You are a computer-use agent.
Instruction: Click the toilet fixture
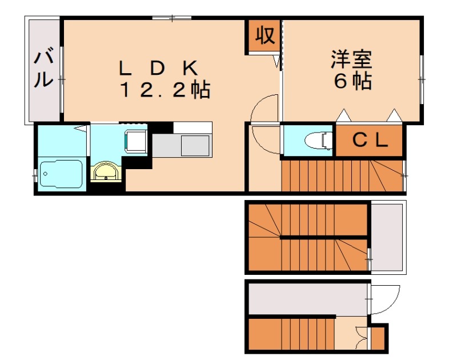pyautogui.click(x=319, y=141)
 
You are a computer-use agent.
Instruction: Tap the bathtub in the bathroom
pyautogui.click(x=61, y=174)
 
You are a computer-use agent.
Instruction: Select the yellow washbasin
pyautogui.click(x=106, y=172)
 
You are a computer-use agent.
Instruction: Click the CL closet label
pyautogui.click(x=370, y=141)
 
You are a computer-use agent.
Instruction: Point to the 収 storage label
pyautogui.click(x=265, y=35)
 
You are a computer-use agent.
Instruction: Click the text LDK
pyautogui.click(x=159, y=68)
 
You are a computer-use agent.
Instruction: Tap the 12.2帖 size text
pyautogui.click(x=165, y=90)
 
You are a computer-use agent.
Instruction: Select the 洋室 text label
pyautogui.click(x=351, y=59)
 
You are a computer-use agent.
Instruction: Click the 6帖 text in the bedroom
pyautogui.click(x=352, y=81)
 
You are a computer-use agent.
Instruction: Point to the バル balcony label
pyautogui.click(x=44, y=69)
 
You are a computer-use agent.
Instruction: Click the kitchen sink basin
pyautogui.click(x=195, y=146)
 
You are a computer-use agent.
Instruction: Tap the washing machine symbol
pyautogui.click(x=135, y=141)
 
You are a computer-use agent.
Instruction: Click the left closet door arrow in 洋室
pyautogui.click(x=344, y=115)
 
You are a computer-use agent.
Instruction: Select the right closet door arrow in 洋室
pyautogui.click(x=394, y=115)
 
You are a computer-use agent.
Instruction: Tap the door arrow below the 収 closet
pyautogui.click(x=276, y=61)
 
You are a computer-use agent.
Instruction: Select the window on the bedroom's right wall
pyautogui.click(x=422, y=79)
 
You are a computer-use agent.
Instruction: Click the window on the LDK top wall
pyautogui.click(x=172, y=18)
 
